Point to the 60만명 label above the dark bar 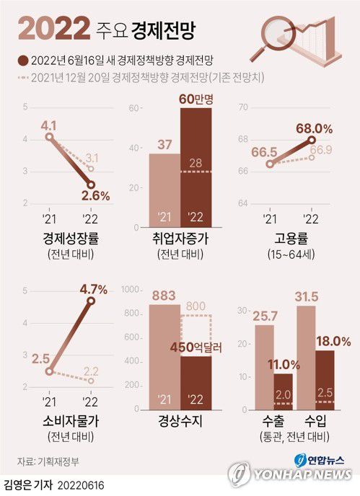click(196, 98)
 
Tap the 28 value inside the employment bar click(196, 163)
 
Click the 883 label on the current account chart click(164, 295)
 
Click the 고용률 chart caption click(296, 239)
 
